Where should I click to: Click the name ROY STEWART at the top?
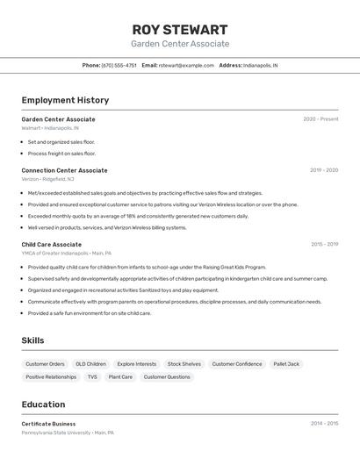pyautogui.click(x=180, y=29)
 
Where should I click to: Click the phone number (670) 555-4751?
pyautogui.click(x=119, y=65)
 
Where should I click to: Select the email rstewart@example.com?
pyautogui.click(x=186, y=65)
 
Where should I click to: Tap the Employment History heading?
pyautogui.click(x=65, y=100)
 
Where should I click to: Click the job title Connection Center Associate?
pyautogui.click(x=64, y=170)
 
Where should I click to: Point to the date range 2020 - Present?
pyautogui.click(x=320, y=119)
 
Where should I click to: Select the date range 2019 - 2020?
pyautogui.click(x=324, y=170)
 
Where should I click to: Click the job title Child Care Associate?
pyautogui.click(x=52, y=245)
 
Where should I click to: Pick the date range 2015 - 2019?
pyautogui.click(x=324, y=245)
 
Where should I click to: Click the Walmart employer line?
pyautogui.click(x=50, y=128)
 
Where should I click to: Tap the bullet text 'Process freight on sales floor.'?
pyautogui.click(x=61, y=153)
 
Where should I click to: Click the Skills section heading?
pyautogui.click(x=32, y=340)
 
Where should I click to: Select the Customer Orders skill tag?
pyautogui.click(x=45, y=364)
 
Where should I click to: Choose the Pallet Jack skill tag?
pyautogui.click(x=286, y=364)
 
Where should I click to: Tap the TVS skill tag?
pyautogui.click(x=92, y=377)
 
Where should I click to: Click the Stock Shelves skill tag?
pyautogui.click(x=184, y=364)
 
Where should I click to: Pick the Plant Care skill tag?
pyautogui.click(x=120, y=377)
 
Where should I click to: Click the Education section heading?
pyautogui.click(x=43, y=404)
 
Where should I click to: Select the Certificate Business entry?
pyautogui.click(x=48, y=424)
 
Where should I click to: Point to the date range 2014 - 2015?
pyautogui.click(x=324, y=424)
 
